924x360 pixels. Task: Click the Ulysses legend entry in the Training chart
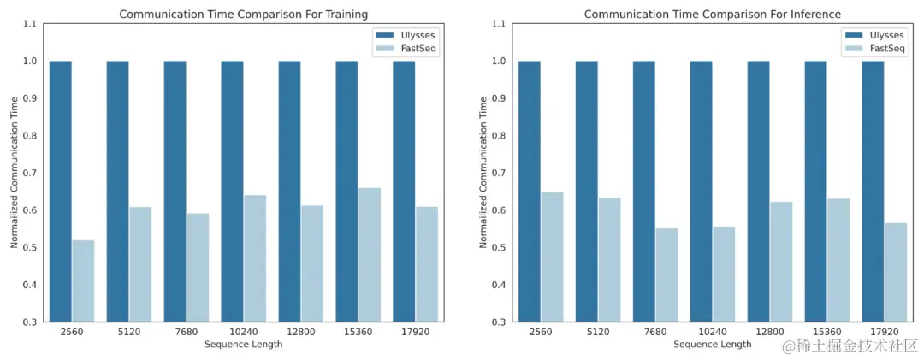(409, 35)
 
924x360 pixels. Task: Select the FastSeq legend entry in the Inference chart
(877, 49)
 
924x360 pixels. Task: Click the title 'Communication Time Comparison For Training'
(244, 14)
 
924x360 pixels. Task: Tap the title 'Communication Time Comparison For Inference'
(712, 14)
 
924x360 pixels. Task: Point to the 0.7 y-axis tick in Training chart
(28, 173)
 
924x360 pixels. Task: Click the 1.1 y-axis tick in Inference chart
(497, 24)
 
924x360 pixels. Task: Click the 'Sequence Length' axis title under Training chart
(244, 345)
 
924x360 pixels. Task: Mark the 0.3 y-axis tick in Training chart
(28, 322)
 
